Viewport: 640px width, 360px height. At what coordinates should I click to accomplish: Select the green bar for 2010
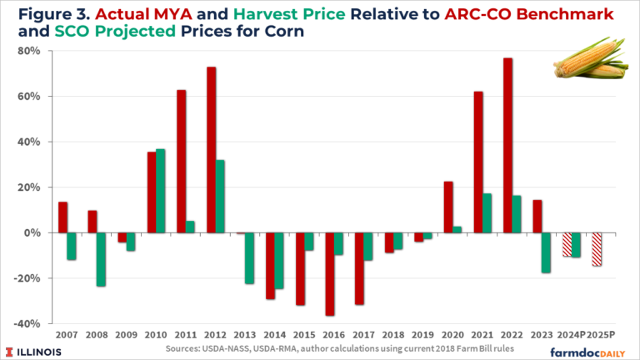[x=161, y=191]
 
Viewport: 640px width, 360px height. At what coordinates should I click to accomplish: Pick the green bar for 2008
[x=101, y=259]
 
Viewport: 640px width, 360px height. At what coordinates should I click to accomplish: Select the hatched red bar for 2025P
[x=597, y=249]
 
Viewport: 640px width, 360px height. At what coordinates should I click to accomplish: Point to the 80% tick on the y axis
[x=40, y=51]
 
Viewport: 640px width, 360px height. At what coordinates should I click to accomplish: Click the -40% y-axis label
[x=37, y=323]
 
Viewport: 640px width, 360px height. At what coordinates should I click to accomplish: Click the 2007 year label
[x=67, y=335]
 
